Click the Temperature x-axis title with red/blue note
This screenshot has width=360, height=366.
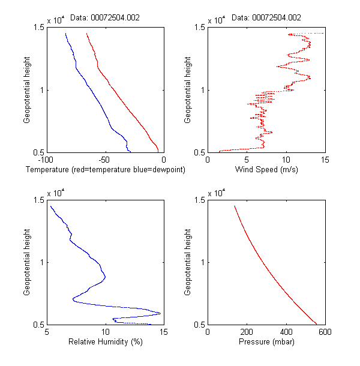pyautogui.click(x=106, y=170)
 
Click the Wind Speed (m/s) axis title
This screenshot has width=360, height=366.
pyautogui.click(x=266, y=170)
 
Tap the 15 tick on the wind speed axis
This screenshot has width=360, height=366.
pyautogui.click(x=325, y=160)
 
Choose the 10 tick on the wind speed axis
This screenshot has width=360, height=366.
pyautogui.click(x=286, y=160)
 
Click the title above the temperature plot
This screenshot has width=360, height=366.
pyautogui.click(x=105, y=18)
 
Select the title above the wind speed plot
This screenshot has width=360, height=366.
pyautogui.click(x=266, y=18)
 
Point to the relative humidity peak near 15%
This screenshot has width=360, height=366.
pyautogui.click(x=160, y=313)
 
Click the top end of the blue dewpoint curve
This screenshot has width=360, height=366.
pyautogui.click(x=65, y=34)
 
